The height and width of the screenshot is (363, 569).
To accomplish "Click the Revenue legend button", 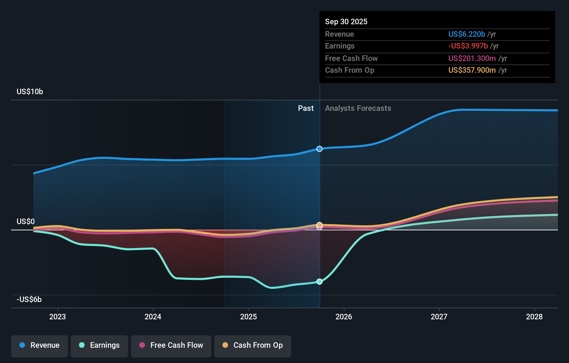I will coord(40,345).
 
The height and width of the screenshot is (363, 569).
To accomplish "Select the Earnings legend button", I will coord(99,345).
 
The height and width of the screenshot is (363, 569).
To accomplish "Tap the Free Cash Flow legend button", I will coord(171,345).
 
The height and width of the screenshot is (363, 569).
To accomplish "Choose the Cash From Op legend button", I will coord(253,345).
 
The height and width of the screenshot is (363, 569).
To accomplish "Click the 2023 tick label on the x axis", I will coord(58,317).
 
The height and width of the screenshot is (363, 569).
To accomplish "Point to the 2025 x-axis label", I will coord(248,317).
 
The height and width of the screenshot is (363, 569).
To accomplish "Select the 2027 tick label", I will coord(439,317).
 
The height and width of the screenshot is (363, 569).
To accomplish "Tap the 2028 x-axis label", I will coord(534,317).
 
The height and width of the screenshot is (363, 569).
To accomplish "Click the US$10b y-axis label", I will coord(30,91).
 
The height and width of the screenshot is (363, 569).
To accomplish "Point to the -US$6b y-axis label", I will coord(29,299).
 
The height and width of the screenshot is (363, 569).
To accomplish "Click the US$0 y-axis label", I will coord(26,221).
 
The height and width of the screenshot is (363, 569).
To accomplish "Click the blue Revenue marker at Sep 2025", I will coord(319,149).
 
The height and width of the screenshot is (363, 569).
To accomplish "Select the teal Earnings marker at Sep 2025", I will coord(319,282).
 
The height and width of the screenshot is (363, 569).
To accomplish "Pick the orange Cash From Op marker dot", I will coord(319,225).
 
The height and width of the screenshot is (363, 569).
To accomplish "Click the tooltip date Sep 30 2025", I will coord(346,21).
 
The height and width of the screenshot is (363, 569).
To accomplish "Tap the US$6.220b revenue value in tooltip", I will coord(466,34).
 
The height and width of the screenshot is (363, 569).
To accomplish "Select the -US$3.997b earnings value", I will coord(468,46).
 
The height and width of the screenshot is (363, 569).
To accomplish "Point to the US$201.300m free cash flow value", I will coord(472,58).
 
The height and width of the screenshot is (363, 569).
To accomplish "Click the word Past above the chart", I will coord(306,108).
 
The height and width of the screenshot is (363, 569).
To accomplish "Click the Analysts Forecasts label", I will coord(358,108).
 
